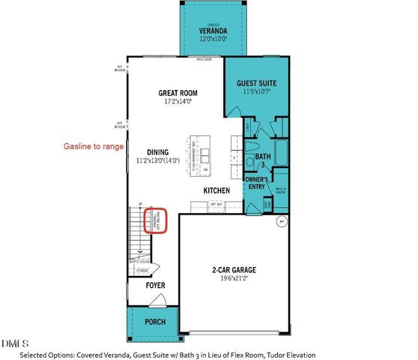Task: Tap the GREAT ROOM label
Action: [176, 94]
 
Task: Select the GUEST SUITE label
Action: [257, 82]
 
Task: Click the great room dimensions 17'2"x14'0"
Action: [176, 103]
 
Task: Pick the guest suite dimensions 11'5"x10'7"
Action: [257, 91]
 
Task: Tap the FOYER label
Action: [155, 286]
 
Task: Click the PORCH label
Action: [154, 323]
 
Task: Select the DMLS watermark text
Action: [12, 343]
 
